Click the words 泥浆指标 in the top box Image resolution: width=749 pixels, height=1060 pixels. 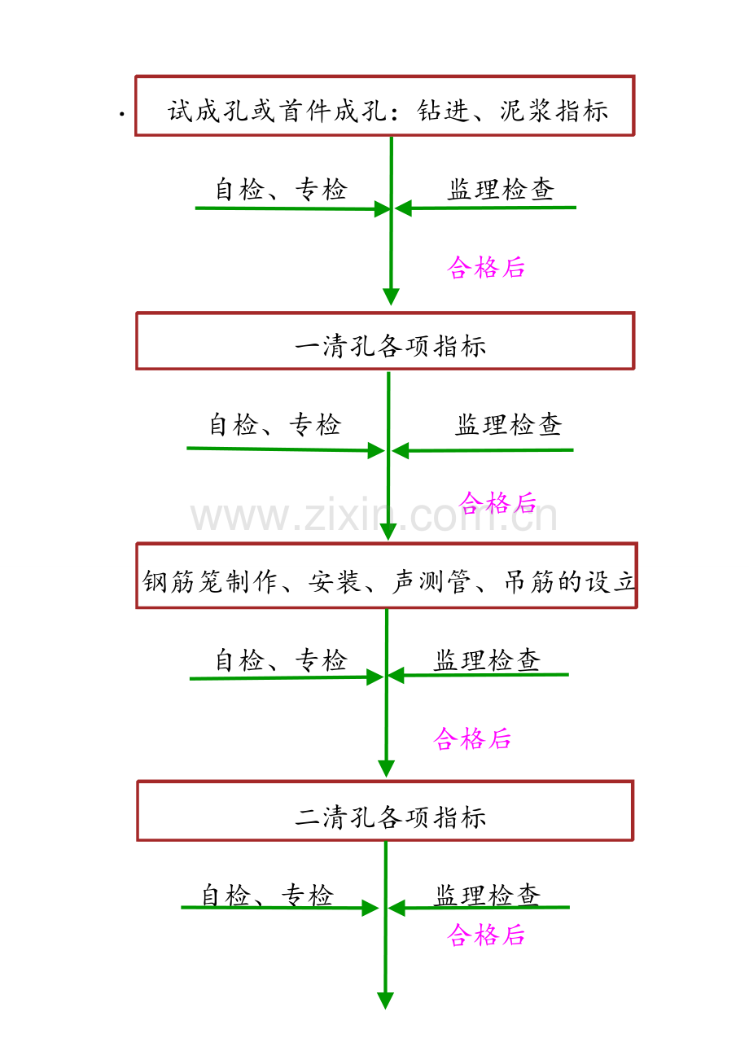point(554,112)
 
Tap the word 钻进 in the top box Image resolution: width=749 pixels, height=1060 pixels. point(443,112)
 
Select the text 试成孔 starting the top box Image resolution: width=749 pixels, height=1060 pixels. point(208,112)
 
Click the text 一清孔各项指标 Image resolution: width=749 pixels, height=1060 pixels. point(390,346)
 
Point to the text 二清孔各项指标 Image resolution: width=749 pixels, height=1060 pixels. point(390,817)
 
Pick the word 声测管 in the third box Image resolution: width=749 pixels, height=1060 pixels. point(431,581)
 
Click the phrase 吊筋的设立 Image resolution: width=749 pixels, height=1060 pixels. point(570,581)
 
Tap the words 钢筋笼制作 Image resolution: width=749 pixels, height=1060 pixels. point(209,581)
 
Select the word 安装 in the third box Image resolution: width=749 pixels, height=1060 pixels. point(335,581)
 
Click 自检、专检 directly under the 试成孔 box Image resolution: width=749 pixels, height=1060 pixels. point(281,189)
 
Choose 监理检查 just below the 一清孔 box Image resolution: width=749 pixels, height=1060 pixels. point(509,424)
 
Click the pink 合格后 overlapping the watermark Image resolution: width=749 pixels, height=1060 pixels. point(497,502)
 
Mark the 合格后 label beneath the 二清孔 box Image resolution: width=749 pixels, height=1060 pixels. point(486,935)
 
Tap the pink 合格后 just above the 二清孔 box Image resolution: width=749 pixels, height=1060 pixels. point(472,738)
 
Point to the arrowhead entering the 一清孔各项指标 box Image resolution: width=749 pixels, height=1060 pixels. point(391,296)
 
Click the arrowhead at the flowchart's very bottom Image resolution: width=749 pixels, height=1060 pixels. point(385,1001)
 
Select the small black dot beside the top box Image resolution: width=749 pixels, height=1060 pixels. point(122,114)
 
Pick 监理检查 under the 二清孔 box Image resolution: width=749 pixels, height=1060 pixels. point(488,896)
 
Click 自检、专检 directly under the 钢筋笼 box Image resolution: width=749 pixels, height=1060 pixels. point(281,660)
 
